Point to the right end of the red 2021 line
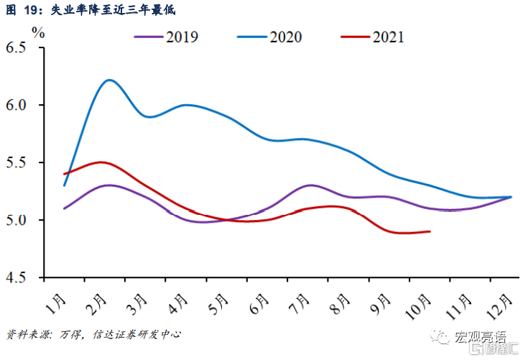430,231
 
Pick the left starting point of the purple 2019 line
65,208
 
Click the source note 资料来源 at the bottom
93,334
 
